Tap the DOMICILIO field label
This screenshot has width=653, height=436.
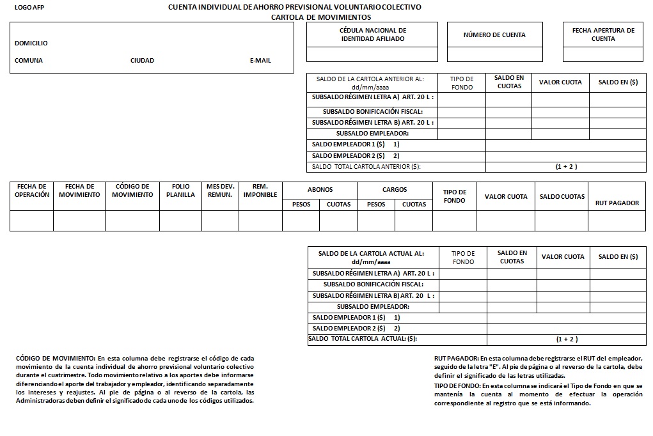pyautogui.click(x=31, y=43)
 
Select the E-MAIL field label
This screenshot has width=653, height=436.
pyautogui.click(x=260, y=61)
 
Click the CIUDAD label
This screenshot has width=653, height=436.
pyautogui.click(x=142, y=61)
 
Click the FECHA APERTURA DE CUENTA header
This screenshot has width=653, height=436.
pyautogui.click(x=603, y=35)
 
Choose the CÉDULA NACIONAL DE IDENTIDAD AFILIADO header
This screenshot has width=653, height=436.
pyautogui.click(x=372, y=35)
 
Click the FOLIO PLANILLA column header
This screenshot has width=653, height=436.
pyautogui.click(x=180, y=191)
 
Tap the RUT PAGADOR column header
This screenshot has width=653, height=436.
pyautogui.click(x=617, y=203)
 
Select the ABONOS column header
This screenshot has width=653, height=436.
pyautogui.click(x=320, y=190)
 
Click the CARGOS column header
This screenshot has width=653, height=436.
pyautogui.click(x=395, y=190)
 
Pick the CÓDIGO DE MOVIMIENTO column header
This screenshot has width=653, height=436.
pyautogui.click(x=132, y=191)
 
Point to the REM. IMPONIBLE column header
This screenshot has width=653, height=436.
pyautogui.click(x=260, y=191)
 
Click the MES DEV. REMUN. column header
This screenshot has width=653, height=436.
pyautogui.click(x=220, y=191)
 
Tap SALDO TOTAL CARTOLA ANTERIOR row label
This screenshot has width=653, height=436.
pyautogui.click(x=366, y=167)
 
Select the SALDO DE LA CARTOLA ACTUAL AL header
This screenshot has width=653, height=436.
pyautogui.click(x=371, y=258)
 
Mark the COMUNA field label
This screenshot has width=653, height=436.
pyautogui.click(x=29, y=61)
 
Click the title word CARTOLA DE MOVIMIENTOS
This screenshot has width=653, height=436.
pyautogui.click(x=320, y=17)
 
